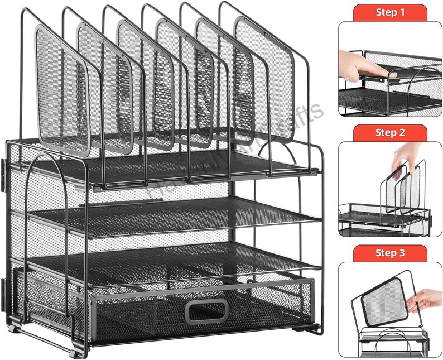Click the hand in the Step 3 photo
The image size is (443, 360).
pos(424,300)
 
